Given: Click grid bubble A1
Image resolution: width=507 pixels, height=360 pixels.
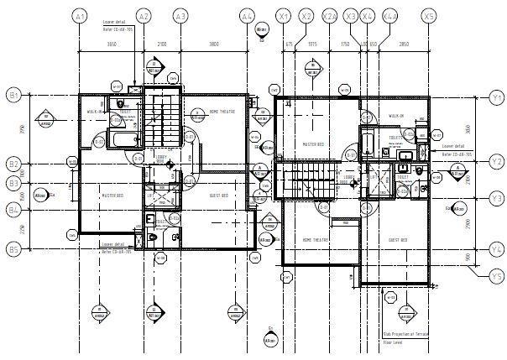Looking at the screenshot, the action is tap(80, 16).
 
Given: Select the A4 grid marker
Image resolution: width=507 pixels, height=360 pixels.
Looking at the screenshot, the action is tap(246, 16).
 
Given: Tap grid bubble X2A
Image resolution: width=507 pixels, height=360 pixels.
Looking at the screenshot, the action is tap(329, 16).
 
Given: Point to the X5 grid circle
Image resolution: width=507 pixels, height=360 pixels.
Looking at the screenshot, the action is tap(429, 16).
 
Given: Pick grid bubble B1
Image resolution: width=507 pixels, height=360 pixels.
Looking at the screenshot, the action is tap(13, 95).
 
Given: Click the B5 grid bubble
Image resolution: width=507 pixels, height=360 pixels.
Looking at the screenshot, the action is tap(13, 248).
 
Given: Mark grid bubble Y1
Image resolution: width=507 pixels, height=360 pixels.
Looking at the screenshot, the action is tap(496, 97).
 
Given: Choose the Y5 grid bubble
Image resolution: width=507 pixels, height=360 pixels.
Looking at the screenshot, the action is tap(496, 276).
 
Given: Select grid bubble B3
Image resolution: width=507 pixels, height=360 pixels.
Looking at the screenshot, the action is tap(13, 183).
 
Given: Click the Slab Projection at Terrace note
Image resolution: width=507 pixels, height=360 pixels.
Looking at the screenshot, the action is tap(405, 334).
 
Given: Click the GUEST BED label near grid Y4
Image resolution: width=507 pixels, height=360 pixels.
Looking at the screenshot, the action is tap(398, 239).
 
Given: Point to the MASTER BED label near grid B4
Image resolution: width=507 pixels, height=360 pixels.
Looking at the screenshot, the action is tap(113, 196).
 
